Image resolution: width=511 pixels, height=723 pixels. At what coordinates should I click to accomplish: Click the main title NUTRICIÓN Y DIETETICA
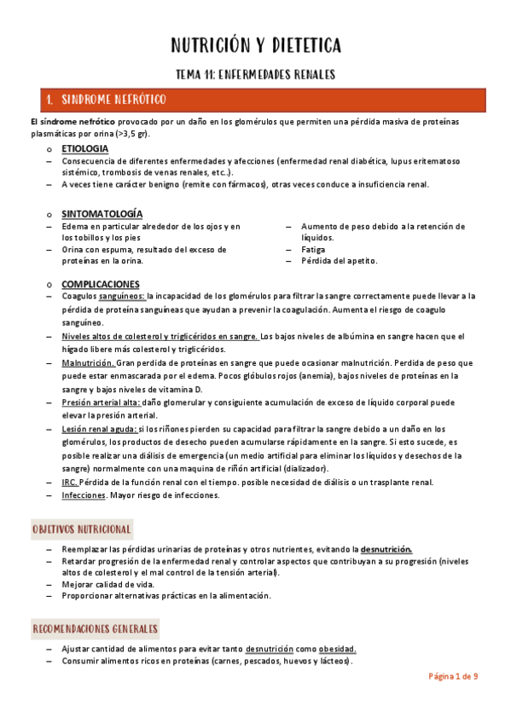coord(256,45)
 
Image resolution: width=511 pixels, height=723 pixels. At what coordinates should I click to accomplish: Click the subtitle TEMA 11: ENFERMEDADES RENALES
coord(255,74)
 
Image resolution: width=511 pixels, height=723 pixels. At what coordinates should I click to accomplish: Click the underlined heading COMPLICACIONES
coord(101,284)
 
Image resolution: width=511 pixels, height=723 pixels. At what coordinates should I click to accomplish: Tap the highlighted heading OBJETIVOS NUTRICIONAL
coord(82,529)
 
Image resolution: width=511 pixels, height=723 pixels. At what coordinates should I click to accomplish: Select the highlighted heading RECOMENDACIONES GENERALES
coord(96,629)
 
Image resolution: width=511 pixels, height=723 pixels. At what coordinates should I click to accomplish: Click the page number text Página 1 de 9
coord(453,676)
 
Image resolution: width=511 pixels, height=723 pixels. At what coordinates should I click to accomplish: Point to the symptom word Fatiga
coord(313,250)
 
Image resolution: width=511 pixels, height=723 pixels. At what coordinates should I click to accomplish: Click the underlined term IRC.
coord(70,482)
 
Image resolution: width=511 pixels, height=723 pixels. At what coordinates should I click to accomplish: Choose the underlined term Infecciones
coord(84,495)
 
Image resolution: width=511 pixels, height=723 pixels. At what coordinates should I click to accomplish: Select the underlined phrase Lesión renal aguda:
coord(99,429)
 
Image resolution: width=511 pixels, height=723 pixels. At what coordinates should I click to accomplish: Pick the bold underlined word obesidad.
coord(337,648)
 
